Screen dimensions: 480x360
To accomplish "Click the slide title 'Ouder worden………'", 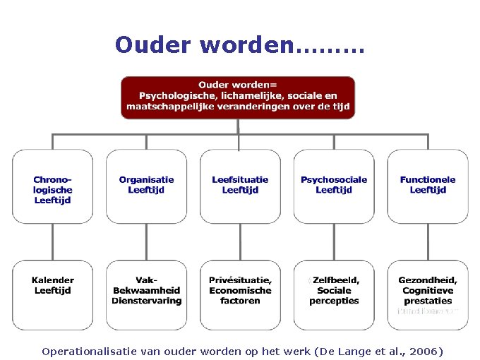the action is click(x=239, y=45).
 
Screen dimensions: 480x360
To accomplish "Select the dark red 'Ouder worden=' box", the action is click(x=238, y=97).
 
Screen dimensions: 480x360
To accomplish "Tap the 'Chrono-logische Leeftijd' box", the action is click(x=53, y=186).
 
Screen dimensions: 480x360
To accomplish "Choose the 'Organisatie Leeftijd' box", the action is click(x=146, y=186).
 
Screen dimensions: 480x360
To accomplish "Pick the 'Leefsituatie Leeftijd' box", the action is click(x=240, y=186).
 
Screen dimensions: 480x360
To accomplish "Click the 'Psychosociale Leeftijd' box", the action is click(x=334, y=186).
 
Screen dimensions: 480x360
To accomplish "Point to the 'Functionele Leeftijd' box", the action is click(x=428, y=186).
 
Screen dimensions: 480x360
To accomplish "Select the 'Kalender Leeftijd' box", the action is click(x=53, y=294).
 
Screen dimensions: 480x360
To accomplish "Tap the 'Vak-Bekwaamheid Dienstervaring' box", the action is click(x=146, y=294).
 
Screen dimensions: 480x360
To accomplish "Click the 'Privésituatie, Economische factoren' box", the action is click(x=240, y=294).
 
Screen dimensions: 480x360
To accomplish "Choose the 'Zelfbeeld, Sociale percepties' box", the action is click(x=334, y=294).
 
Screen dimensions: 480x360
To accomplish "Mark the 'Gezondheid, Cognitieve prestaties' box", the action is click(x=428, y=294).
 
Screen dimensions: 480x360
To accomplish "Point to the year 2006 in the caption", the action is click(x=423, y=351).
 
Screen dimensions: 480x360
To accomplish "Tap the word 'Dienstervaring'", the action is click(x=146, y=301).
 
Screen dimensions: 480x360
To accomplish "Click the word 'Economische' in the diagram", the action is click(x=240, y=290).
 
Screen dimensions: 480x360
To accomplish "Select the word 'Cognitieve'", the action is click(x=428, y=290).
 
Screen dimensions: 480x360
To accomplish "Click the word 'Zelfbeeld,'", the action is click(x=336, y=280).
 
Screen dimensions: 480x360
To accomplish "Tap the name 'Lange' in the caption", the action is click(x=342, y=351).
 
